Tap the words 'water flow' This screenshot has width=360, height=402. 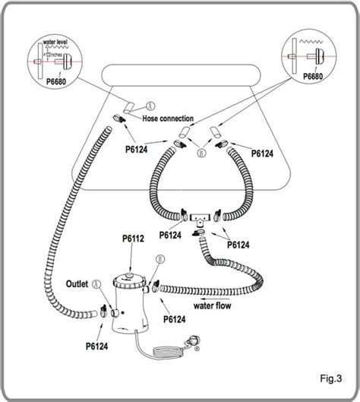[x=212, y=307]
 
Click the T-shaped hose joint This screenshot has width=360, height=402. [x=200, y=217]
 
